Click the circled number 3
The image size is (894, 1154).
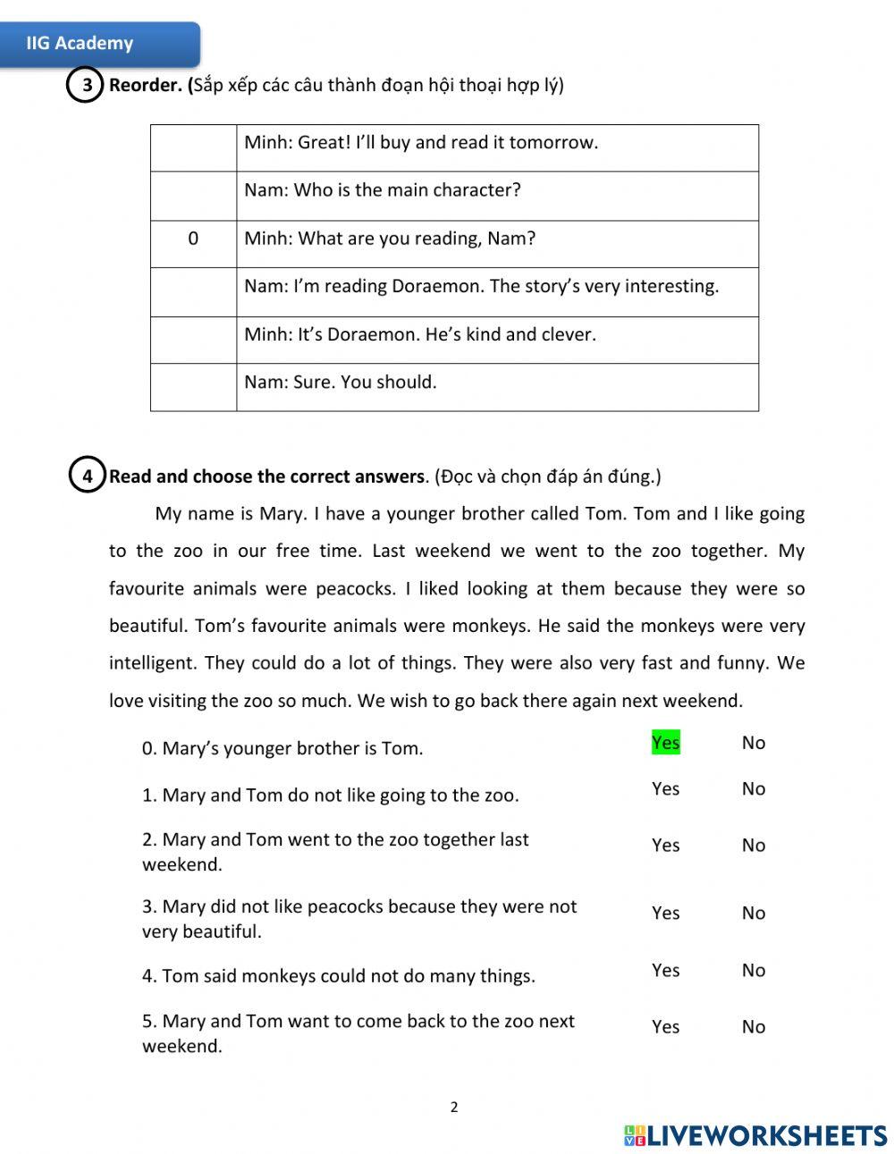(86, 86)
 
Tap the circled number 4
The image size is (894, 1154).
(87, 476)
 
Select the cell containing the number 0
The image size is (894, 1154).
(193, 240)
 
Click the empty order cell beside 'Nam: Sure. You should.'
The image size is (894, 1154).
(193, 387)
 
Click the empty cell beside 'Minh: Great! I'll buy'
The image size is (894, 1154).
(193, 147)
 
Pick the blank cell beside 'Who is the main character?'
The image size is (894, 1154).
(193, 196)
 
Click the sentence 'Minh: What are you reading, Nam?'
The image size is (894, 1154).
(390, 239)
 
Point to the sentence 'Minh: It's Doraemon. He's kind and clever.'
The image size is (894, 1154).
(419, 334)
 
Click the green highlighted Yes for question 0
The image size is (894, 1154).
(665, 743)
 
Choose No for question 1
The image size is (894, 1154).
(753, 788)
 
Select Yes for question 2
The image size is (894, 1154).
(665, 845)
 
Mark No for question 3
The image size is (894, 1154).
(753, 913)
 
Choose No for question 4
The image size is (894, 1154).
(753, 970)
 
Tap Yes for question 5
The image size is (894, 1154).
(665, 1026)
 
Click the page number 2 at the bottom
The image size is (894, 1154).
(454, 1107)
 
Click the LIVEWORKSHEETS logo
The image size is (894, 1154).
(755, 1135)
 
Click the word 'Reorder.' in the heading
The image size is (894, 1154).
(146, 85)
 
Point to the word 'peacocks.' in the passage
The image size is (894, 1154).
(354, 588)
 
